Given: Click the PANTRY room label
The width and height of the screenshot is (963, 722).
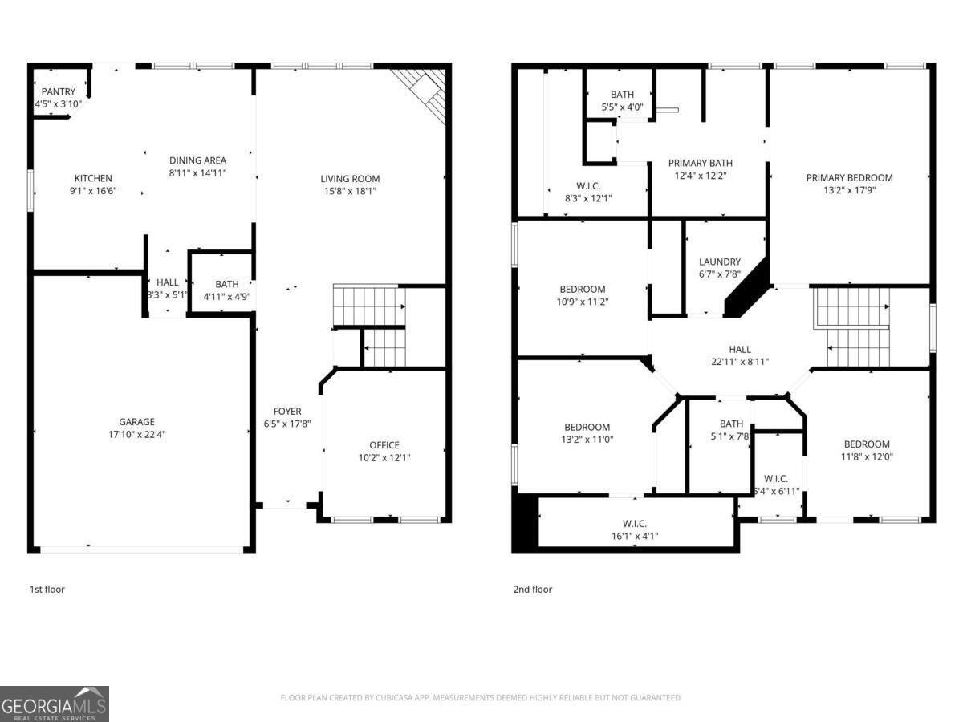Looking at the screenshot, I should tap(59, 92).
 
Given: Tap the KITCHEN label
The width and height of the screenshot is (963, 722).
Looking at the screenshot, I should tap(93, 178).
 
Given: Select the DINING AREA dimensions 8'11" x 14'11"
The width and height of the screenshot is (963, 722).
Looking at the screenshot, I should tap(197, 172).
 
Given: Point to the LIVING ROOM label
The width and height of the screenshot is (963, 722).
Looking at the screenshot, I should tap(350, 179).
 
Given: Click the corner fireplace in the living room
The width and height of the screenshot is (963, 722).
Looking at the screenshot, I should tap(425, 91).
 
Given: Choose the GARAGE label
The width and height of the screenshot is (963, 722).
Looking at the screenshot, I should tap(136, 422).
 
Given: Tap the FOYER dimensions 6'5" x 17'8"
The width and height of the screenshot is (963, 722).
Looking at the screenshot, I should tap(287, 424).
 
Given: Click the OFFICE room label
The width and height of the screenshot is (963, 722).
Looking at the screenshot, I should tap(384, 445).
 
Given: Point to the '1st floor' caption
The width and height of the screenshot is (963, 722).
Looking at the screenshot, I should tap(47, 590).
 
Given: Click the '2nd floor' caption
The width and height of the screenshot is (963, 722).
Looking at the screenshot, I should tap(533, 590).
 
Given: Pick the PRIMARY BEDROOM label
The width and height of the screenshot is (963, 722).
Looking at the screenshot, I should tap(849, 178).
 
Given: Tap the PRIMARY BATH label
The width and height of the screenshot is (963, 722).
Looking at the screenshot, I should tap(700, 164).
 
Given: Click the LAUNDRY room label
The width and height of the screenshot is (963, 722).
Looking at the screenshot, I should tap(719, 262).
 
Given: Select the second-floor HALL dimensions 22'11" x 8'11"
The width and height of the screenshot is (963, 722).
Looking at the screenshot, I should tap(740, 362).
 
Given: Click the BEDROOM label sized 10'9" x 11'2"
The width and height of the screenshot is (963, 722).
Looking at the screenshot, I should tap(582, 290).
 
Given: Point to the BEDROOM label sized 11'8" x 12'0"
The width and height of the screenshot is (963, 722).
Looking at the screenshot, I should tap(867, 444).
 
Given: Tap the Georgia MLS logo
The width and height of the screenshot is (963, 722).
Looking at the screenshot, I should tap(55, 704).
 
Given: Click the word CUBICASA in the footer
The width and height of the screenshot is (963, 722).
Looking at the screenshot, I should tap(401, 698).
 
